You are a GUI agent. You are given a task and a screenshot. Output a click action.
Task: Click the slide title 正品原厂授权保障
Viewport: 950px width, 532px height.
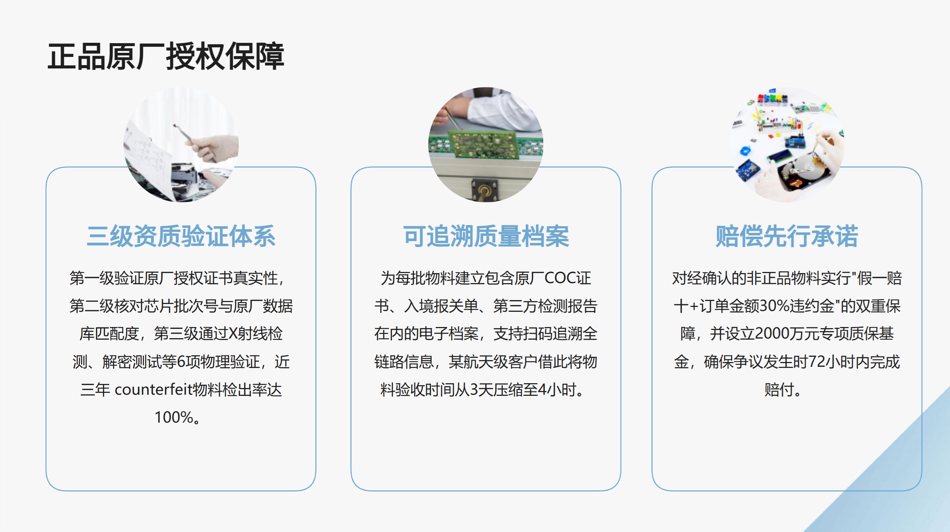pyautogui.click(x=166, y=57)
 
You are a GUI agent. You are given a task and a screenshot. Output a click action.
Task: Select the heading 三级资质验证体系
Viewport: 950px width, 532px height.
pyautogui.click(x=181, y=236)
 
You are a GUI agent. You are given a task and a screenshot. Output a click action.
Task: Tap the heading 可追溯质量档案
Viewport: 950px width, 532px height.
pyautogui.click(x=486, y=236)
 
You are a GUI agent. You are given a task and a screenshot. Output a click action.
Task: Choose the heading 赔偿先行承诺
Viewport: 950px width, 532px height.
pyautogui.click(x=787, y=236)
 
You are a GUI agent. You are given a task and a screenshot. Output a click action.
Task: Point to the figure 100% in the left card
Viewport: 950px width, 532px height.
pyautogui.click(x=174, y=417)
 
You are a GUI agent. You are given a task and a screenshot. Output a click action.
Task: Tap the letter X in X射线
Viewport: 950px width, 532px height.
pyautogui.click(x=233, y=334)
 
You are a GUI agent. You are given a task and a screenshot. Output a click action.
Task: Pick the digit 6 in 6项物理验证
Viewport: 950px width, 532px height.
pyautogui.click(x=181, y=362)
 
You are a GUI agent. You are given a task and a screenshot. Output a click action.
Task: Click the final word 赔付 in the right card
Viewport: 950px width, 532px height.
pyautogui.click(x=779, y=390)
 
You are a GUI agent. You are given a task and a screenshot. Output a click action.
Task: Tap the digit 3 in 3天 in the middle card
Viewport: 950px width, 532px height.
pyautogui.click(x=474, y=390)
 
